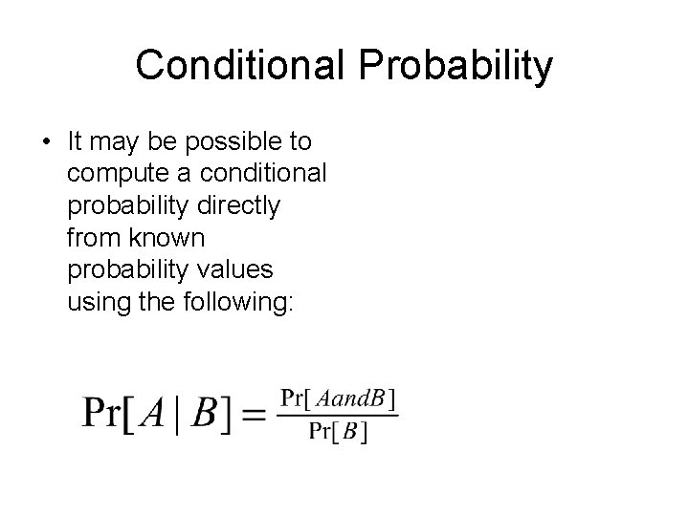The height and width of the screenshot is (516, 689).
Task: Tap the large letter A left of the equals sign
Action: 152,413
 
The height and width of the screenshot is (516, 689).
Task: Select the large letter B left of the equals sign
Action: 206,413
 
